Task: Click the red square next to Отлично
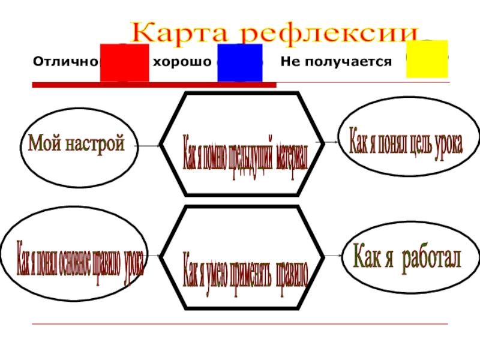coord(124,62)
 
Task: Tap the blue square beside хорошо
coord(239,62)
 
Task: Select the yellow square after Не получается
coord(427,59)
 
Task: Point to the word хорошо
coord(182,62)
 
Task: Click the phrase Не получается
coord(336,62)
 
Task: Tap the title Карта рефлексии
coord(275,31)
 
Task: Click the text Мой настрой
coord(76,143)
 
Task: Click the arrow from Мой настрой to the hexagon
coord(148,145)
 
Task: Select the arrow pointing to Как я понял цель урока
coord(331,142)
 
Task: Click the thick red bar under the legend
coord(154,85)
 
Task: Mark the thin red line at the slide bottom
coord(240,324)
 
